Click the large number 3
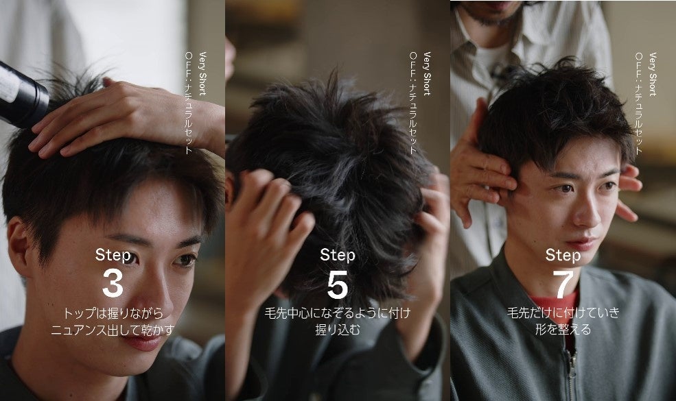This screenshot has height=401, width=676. pos(113,283)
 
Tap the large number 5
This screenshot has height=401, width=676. pos(338,284)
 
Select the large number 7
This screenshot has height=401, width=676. pos(563,284)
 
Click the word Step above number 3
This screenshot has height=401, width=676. pos(113,255)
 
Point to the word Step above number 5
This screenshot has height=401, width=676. pos(338,255)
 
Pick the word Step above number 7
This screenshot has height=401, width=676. pos(563,255)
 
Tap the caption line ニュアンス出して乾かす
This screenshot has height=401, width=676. pos(113,330)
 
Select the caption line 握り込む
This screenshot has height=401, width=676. pos(338,330)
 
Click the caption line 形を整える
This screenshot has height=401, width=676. pos(563,330)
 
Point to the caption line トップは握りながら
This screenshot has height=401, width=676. pos(113,313)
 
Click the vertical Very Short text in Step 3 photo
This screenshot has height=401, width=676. pos(202,73)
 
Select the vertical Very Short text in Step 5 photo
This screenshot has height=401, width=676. pos(427,73)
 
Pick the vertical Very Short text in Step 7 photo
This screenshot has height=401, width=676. pos(652,73)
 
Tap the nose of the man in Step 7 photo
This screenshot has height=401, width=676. pos(587,211)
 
